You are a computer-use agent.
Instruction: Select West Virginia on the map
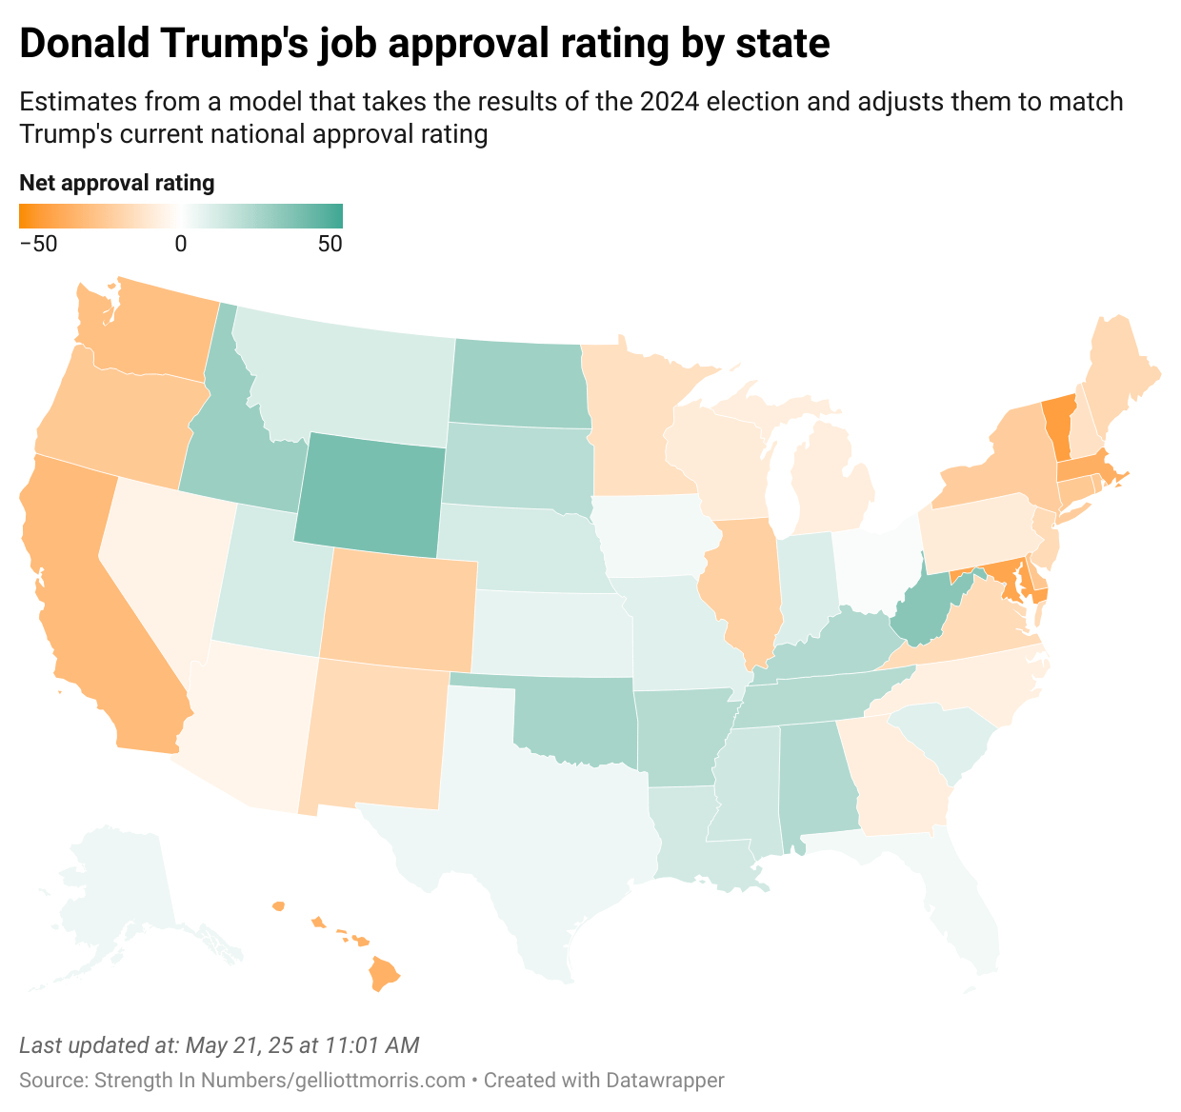920,615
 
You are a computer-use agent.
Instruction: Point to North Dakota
514,383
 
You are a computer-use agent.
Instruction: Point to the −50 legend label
38,244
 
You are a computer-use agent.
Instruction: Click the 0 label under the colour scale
180,244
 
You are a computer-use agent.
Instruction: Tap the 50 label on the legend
330,244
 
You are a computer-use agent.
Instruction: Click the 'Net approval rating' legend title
116,183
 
